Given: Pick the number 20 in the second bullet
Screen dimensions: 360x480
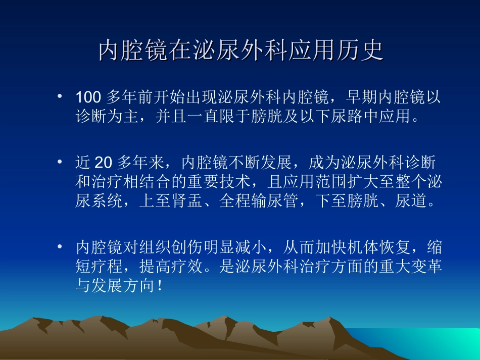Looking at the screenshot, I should pos(103,163).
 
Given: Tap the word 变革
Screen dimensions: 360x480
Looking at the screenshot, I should pos(425,268).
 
